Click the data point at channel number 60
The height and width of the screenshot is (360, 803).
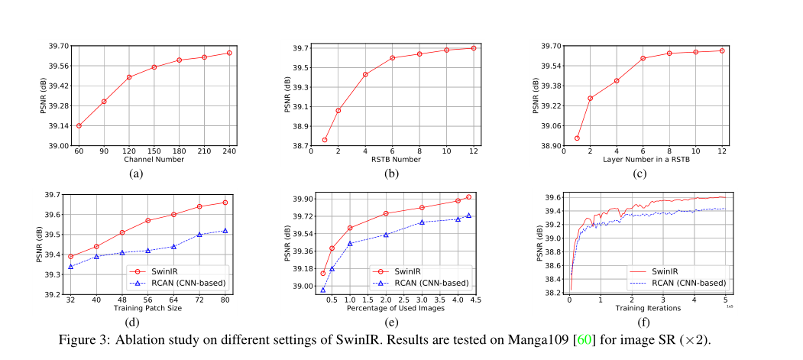[79, 125]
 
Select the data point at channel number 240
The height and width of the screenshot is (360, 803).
[229, 53]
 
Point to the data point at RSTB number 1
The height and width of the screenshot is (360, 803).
[325, 140]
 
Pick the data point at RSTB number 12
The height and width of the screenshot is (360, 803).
[474, 48]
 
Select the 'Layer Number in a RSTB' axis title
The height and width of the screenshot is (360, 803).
[646, 159]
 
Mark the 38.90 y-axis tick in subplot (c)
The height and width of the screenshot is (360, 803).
[551, 145]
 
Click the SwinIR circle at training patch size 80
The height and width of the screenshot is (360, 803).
[225, 203]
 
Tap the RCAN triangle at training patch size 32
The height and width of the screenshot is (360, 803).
[70, 266]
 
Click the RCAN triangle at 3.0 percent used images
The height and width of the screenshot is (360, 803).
[422, 222]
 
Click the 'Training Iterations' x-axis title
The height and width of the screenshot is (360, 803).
[646, 308]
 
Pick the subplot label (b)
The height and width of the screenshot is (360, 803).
[392, 174]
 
